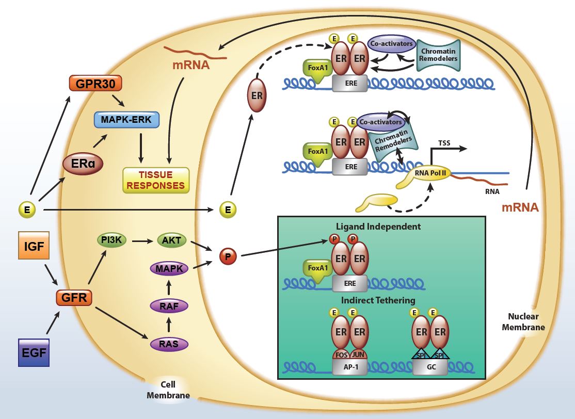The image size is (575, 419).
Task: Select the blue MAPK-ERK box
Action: tap(127, 120)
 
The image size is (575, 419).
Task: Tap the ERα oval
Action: tap(82, 164)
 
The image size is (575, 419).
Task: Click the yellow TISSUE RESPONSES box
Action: tap(156, 180)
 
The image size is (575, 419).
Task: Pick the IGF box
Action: tap(33, 245)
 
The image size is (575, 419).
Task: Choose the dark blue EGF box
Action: tap(34, 352)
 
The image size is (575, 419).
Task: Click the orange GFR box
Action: tap(74, 298)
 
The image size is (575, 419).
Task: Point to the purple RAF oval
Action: tap(169, 306)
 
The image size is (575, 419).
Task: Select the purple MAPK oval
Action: tap(169, 268)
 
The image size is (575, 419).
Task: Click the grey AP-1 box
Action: tap(350, 366)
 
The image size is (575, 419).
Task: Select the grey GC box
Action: tap(430, 366)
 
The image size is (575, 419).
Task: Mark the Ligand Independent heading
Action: tap(378, 227)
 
